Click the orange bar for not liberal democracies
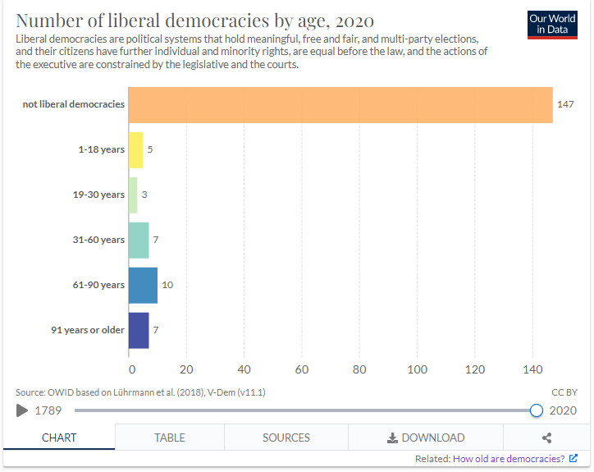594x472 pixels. pos(340,105)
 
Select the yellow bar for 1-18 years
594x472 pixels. pos(136,150)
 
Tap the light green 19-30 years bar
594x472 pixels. pos(134,195)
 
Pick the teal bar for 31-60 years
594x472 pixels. pos(139,240)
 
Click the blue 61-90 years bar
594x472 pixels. pos(143,285)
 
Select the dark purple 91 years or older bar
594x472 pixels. pos(139,330)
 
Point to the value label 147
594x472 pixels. pos(565,105)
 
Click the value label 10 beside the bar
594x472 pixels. pos(167,285)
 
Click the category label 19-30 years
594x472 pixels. pos(98,195)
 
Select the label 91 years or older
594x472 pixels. pos(88,330)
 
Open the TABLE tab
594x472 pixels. pos(170,438)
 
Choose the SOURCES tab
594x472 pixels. pos(286,438)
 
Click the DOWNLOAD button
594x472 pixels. pos(426,438)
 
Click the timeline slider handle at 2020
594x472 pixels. pos(537,410)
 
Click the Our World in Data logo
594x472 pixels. pos(553,24)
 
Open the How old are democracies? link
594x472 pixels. pos(509,459)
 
